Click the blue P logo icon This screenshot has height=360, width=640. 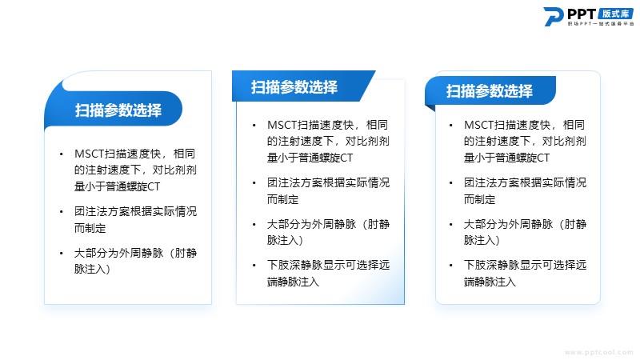coord(553,17)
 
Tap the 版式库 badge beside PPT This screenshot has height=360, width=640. coord(615,14)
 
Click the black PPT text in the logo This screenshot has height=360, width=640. coord(582,14)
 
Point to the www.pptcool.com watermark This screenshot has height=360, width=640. coord(598,352)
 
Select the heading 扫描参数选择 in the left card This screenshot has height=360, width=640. coord(118,110)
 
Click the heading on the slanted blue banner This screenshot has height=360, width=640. coord(294,87)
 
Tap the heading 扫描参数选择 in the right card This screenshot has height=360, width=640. coord(490,90)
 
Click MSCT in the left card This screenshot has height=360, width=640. coord(90,154)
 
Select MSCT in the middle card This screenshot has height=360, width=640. coord(282,125)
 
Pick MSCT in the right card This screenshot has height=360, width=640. coord(478,125)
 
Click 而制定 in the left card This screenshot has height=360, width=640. coord(90,228)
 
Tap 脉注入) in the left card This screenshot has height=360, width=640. coord(92,269)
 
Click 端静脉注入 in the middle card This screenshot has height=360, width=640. coord(293,282)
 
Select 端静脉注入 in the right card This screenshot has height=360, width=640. coord(490,282)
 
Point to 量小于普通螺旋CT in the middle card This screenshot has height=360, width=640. coord(310,158)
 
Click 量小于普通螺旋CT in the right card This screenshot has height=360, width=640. coord(506,158)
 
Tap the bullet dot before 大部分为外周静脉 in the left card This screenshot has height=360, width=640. coord(62,254)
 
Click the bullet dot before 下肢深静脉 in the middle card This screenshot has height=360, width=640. coord(254,266)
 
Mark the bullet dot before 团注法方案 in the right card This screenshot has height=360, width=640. coord(450,183)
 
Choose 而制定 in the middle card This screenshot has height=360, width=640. coord(283,199)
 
